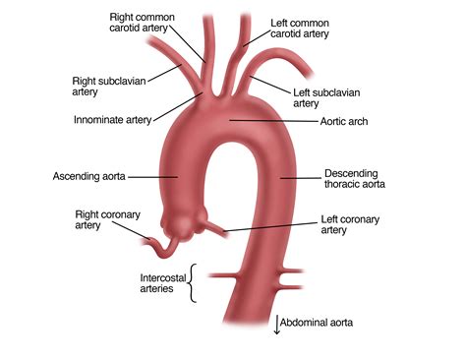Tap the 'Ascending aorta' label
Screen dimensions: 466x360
point(88,176)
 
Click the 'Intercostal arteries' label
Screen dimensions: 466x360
point(163,283)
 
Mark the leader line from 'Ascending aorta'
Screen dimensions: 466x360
point(152,176)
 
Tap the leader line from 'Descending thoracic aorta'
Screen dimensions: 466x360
point(299,177)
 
